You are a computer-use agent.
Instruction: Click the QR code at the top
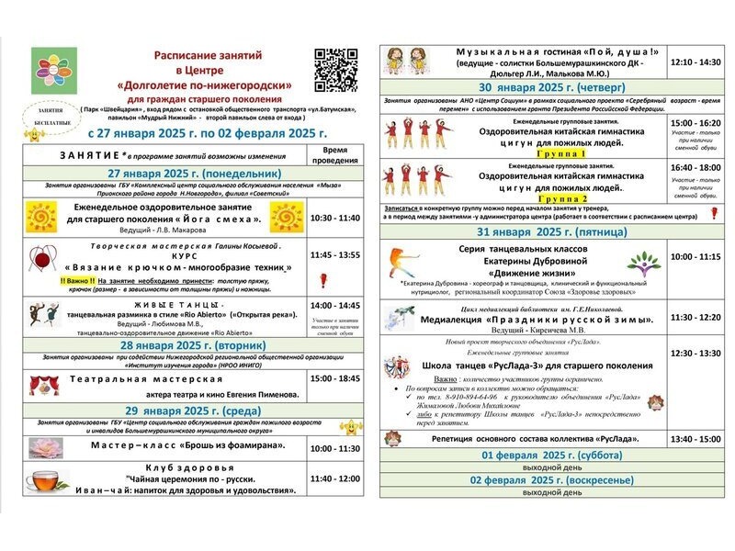(x=335, y=69)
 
